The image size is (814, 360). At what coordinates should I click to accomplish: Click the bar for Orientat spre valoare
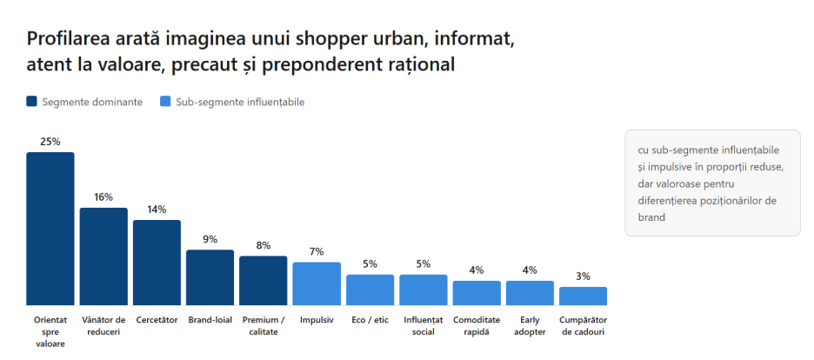tap(50, 229)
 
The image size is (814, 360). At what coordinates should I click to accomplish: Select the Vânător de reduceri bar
tap(103, 257)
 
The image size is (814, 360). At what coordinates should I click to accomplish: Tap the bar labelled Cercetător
tap(157, 263)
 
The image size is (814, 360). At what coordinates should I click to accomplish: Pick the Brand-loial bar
tap(210, 277)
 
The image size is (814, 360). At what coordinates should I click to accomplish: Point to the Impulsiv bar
tap(317, 283)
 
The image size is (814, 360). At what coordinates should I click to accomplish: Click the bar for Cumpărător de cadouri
tap(583, 297)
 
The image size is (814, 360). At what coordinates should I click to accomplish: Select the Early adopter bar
tap(530, 293)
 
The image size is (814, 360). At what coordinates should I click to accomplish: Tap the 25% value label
tap(50, 142)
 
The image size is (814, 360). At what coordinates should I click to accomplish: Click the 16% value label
tap(103, 197)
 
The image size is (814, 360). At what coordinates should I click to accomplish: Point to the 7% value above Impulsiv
tap(317, 251)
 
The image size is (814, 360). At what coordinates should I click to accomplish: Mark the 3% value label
tap(583, 277)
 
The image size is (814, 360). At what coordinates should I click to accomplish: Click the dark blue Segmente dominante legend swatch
tap(31, 102)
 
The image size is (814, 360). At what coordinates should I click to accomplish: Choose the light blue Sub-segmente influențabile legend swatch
tap(165, 102)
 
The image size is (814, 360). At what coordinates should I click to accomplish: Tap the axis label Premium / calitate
tap(264, 326)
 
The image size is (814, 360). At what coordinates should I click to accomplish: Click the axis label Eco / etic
tap(370, 320)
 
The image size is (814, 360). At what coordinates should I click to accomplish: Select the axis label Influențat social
tap(424, 326)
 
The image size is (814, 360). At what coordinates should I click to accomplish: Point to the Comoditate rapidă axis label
tap(477, 326)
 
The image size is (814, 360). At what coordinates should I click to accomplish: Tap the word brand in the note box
tap(651, 217)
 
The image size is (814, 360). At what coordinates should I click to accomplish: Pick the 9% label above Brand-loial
tap(210, 239)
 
